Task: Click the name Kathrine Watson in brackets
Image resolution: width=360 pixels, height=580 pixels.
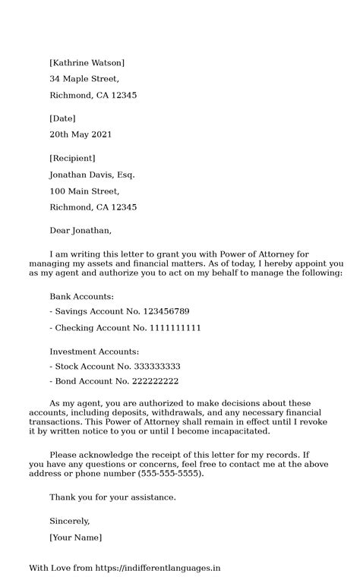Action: click(87, 62)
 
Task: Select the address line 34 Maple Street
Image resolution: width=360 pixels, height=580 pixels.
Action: click(84, 79)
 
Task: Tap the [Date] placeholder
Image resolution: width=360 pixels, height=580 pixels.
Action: click(62, 118)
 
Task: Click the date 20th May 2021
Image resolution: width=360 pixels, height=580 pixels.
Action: click(81, 135)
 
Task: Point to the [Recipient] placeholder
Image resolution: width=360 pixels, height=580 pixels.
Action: click(72, 158)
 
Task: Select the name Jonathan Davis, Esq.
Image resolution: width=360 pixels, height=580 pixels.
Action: click(92, 175)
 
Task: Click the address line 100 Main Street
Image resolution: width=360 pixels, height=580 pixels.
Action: click(84, 191)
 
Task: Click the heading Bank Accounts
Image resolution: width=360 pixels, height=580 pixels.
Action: click(81, 296)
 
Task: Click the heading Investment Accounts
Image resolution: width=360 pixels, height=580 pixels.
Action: click(94, 352)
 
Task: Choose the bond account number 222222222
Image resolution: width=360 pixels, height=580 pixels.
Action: click(149, 381)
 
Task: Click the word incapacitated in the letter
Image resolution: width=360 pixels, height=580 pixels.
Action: click(234, 431)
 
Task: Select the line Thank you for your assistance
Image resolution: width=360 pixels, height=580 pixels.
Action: click(112, 497)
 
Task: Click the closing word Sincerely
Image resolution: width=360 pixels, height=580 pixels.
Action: click(70, 522)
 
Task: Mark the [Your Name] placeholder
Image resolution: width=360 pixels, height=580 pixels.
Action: click(75, 537)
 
